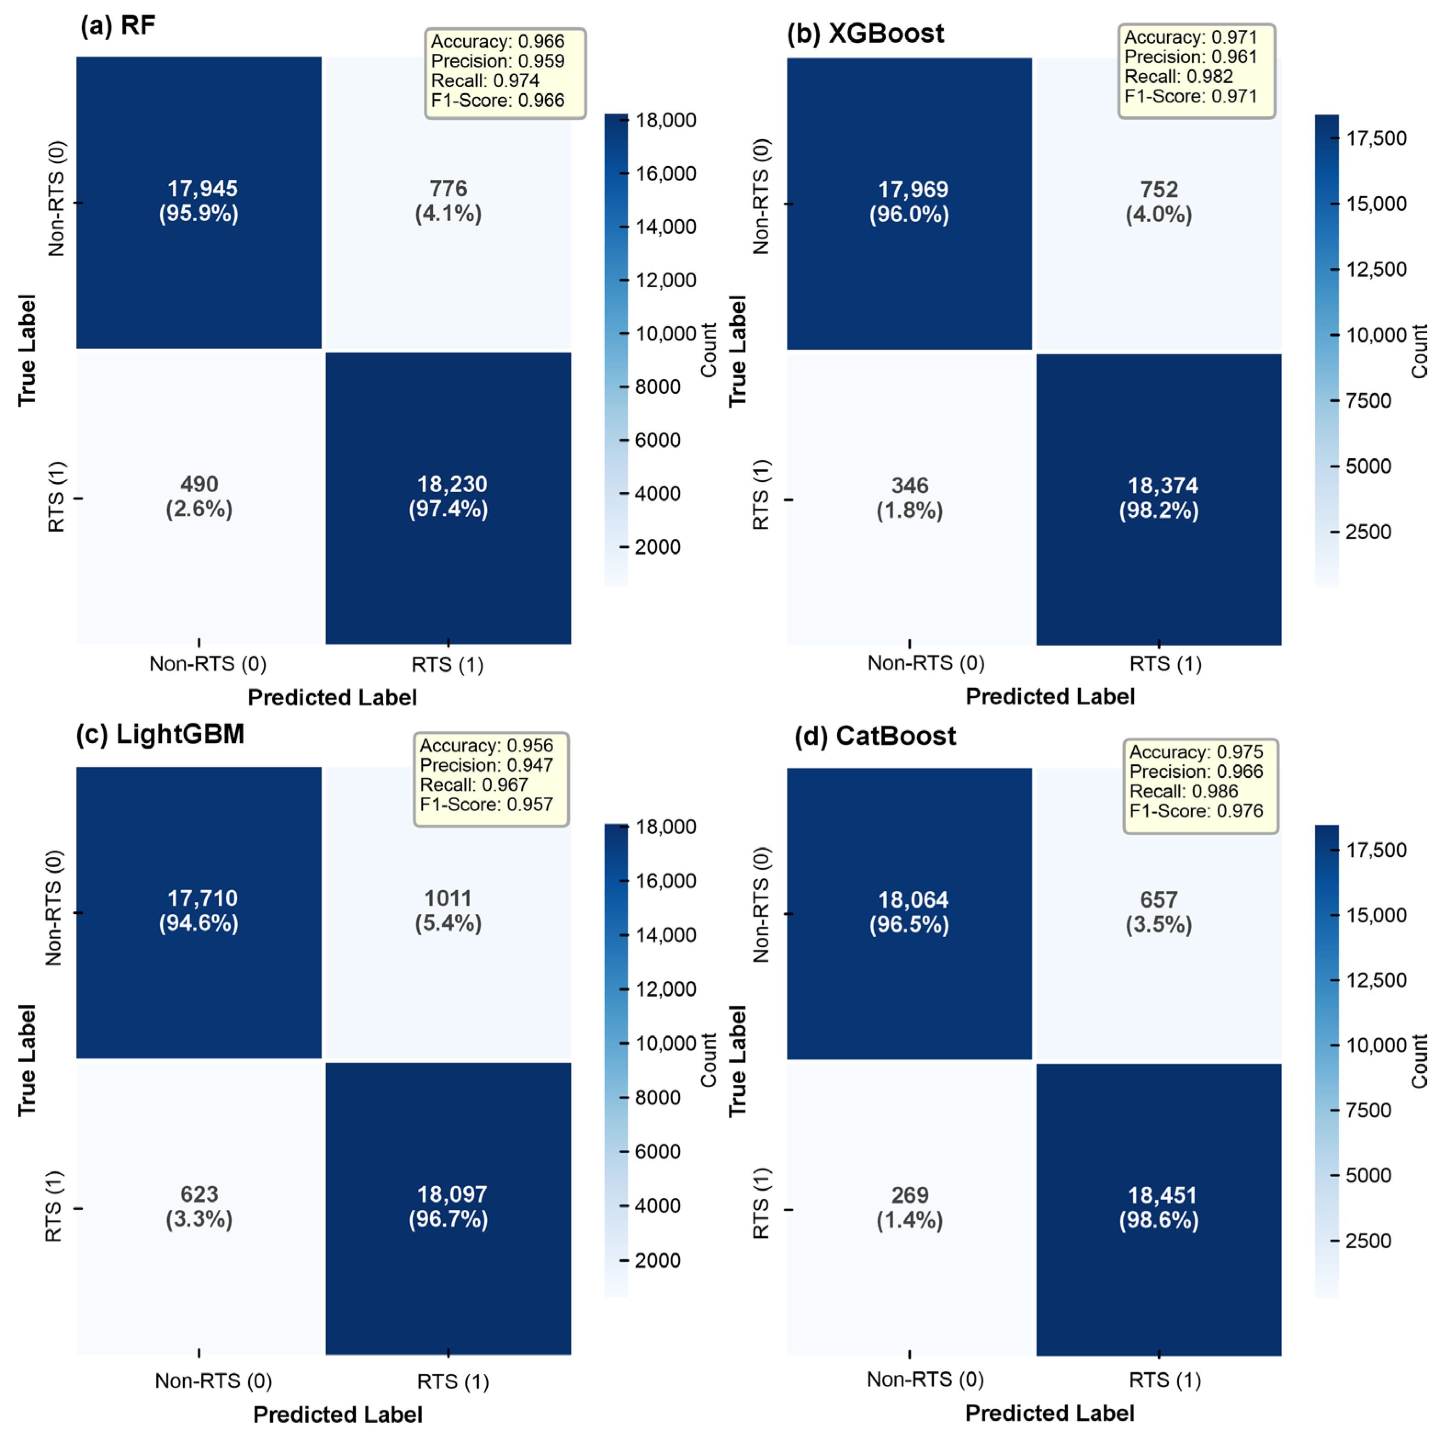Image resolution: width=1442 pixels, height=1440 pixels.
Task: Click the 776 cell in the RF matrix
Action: tap(448, 201)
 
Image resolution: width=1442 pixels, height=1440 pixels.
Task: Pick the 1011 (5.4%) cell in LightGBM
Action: tap(448, 911)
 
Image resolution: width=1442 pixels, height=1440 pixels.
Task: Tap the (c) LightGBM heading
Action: tap(160, 734)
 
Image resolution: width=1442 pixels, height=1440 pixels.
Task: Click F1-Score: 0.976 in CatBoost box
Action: tap(1196, 811)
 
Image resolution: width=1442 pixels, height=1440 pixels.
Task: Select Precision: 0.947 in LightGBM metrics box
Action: tap(486, 765)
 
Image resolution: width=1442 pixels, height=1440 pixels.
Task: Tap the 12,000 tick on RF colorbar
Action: tap(665, 280)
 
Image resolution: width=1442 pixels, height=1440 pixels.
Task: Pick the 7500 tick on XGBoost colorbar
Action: tap(1368, 401)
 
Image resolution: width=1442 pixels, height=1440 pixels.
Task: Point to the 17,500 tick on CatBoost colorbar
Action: tap(1375, 850)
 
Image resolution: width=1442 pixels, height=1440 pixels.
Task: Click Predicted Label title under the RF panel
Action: tap(332, 697)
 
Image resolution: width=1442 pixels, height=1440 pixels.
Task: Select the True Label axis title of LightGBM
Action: tap(27, 1060)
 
